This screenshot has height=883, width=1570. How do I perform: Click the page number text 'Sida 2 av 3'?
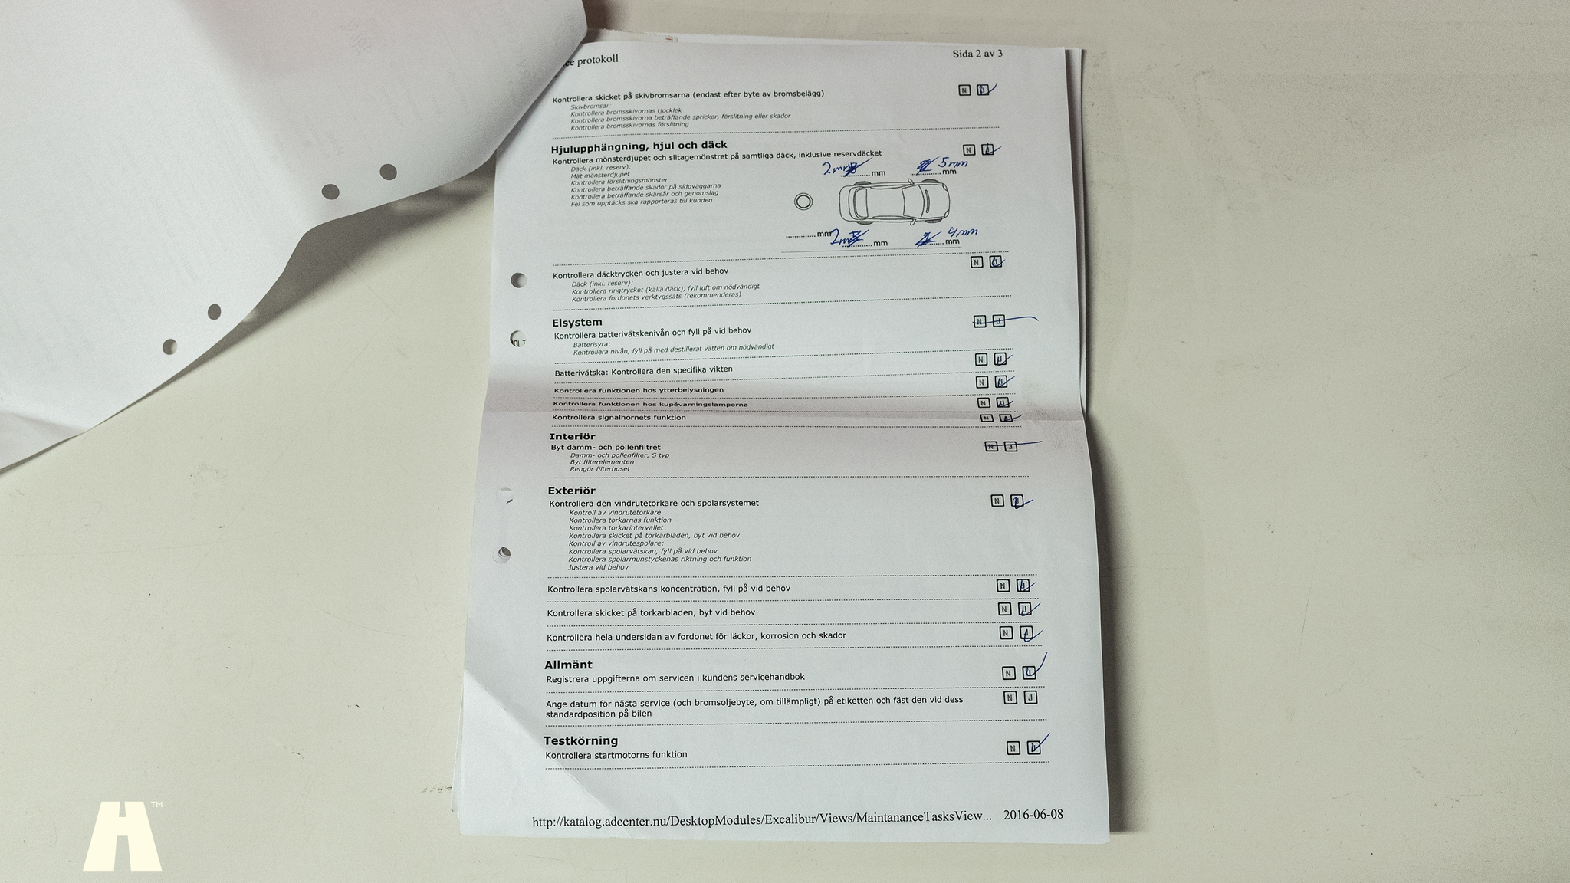[977, 54]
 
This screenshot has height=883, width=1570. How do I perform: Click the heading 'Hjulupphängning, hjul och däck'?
[639, 146]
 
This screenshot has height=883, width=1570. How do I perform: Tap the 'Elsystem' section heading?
[576, 323]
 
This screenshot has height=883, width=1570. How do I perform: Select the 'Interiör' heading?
[572, 437]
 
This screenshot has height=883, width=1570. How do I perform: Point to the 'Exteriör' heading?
[571, 491]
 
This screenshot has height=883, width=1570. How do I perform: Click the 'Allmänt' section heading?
[568, 665]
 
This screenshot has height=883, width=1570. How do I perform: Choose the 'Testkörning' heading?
[580, 741]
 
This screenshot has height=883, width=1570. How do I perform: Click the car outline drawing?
[893, 202]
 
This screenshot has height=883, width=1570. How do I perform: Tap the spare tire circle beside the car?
[803, 202]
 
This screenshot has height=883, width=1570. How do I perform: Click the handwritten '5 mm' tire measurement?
[953, 163]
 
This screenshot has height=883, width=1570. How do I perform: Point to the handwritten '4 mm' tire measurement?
[962, 233]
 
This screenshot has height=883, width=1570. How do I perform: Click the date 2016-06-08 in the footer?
[1033, 815]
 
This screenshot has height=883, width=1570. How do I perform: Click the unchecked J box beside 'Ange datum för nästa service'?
[1030, 698]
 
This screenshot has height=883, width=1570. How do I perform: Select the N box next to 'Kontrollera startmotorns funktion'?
[1013, 748]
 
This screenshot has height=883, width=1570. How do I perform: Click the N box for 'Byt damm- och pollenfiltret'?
[991, 446]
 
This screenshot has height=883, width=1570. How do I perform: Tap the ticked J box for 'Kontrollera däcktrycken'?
[995, 261]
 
